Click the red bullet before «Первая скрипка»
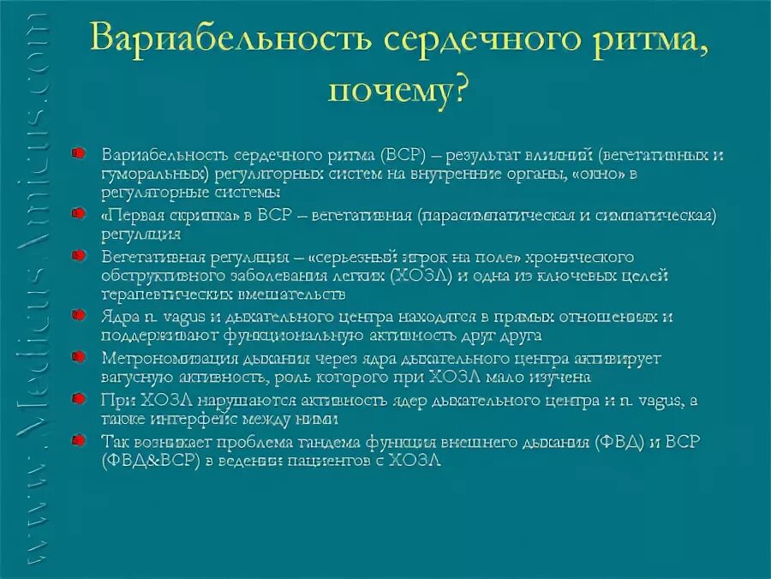click(79, 213)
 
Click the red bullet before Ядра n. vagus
click(79, 316)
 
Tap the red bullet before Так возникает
click(79, 440)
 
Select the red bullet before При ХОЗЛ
click(79, 399)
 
